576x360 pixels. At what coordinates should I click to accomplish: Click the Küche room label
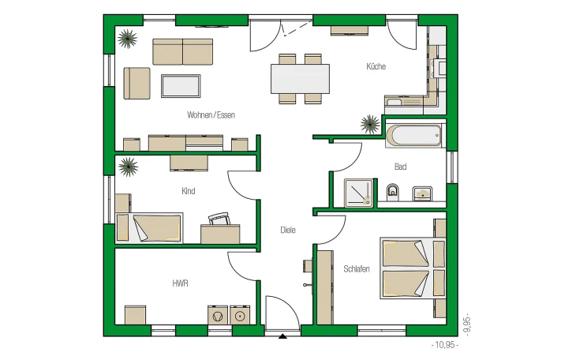click(x=376, y=66)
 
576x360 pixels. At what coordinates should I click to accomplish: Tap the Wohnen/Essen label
click(x=211, y=115)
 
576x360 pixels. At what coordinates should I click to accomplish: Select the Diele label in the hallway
click(x=288, y=230)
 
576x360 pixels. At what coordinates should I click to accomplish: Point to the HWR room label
click(x=180, y=283)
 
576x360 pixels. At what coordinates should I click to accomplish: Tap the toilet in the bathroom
click(x=393, y=192)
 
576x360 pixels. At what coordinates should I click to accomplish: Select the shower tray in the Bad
click(x=359, y=193)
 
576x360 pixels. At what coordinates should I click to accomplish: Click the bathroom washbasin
click(x=422, y=193)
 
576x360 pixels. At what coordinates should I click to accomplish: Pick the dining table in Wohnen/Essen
click(x=300, y=79)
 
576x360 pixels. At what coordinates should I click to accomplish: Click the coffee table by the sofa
click(x=181, y=86)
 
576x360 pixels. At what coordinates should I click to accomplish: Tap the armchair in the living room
click(x=137, y=83)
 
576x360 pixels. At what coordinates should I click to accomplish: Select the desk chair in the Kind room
click(x=219, y=219)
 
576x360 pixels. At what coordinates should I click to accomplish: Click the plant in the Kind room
click(x=128, y=167)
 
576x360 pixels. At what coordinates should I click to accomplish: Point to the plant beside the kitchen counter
click(x=369, y=124)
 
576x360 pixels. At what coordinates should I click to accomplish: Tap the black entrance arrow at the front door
click(x=282, y=336)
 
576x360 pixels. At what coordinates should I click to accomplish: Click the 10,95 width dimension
click(x=445, y=345)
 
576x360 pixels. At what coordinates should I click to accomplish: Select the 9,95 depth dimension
click(x=467, y=324)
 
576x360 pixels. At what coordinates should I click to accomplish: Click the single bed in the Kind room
click(x=149, y=228)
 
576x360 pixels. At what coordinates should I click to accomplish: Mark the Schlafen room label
click(x=357, y=268)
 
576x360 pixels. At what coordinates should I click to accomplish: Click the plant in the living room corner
click(x=127, y=39)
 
